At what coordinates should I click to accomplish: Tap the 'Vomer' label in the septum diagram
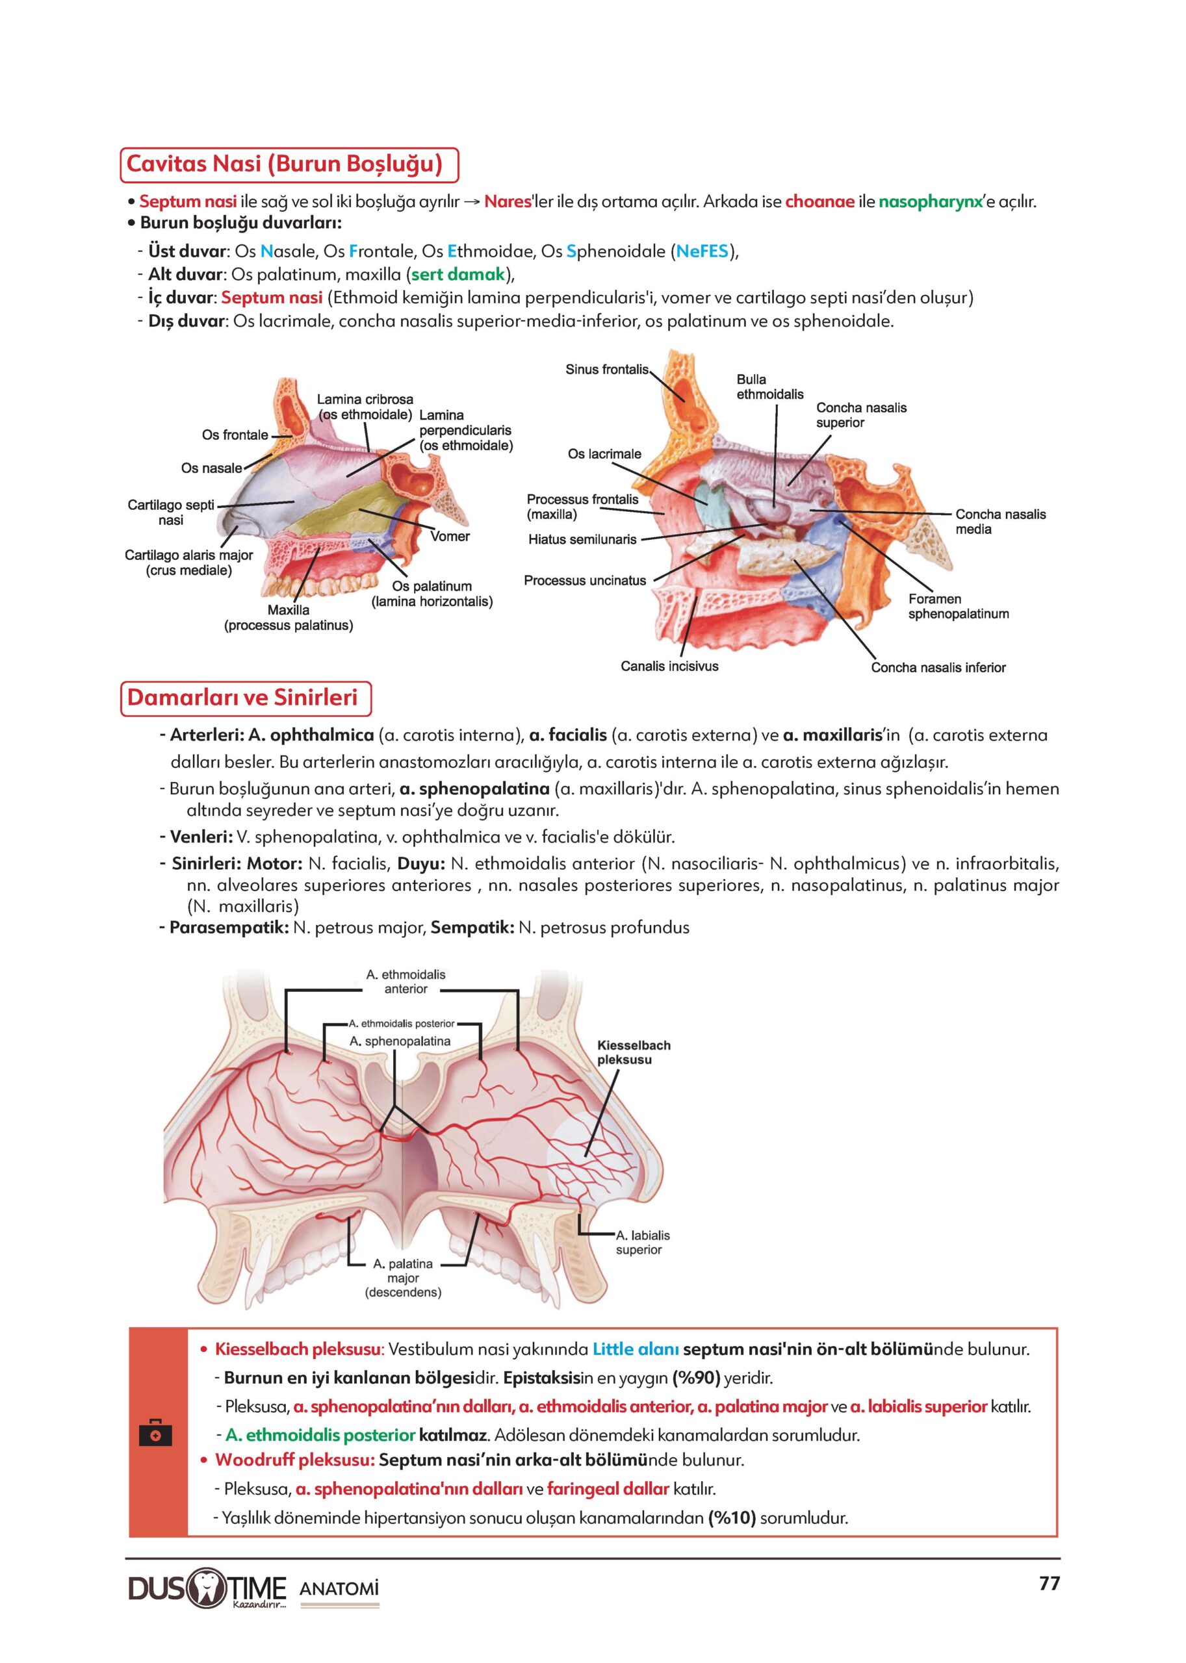coord(449,537)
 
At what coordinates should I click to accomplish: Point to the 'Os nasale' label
coord(211,468)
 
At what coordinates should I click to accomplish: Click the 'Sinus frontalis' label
coord(607,370)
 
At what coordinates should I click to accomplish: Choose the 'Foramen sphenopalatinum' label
coord(958,607)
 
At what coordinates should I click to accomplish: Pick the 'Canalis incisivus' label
coord(669,666)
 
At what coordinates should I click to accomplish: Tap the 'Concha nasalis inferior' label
coord(938,668)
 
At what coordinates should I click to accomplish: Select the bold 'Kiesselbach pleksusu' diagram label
coord(633,1053)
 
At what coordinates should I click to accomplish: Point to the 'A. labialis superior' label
coord(642,1243)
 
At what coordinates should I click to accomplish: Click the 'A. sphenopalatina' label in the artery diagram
coord(400,1042)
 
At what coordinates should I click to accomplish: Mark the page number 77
coord(1049,1584)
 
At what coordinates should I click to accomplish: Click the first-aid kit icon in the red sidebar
coord(155,1432)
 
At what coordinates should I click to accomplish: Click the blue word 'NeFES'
coord(702,252)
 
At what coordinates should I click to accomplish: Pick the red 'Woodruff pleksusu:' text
coord(294,1461)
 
